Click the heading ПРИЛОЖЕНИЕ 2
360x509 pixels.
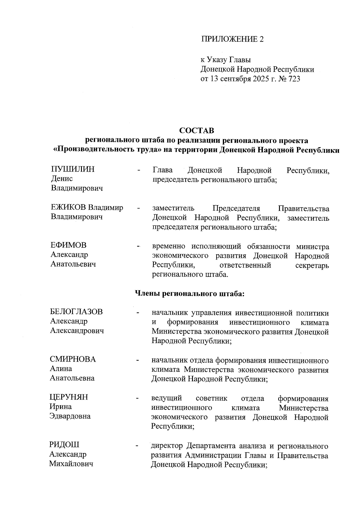coord(232,39)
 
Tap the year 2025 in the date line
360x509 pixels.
coord(256,79)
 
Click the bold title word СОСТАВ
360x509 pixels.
coord(197,131)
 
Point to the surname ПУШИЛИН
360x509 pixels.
coord(73,169)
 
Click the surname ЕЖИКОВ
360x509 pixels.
coord(68,208)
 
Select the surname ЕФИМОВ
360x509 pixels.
coord(68,245)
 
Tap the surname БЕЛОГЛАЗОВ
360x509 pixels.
coord(76,312)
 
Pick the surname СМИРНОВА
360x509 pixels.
coord(73,359)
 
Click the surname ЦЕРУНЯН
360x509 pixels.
coord(69,397)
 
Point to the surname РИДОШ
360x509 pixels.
coord(64,445)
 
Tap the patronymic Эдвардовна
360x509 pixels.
coord(70,416)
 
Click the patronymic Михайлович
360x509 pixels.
coord(71,464)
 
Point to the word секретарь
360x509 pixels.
coord(312,266)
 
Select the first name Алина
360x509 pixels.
coord(61,369)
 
